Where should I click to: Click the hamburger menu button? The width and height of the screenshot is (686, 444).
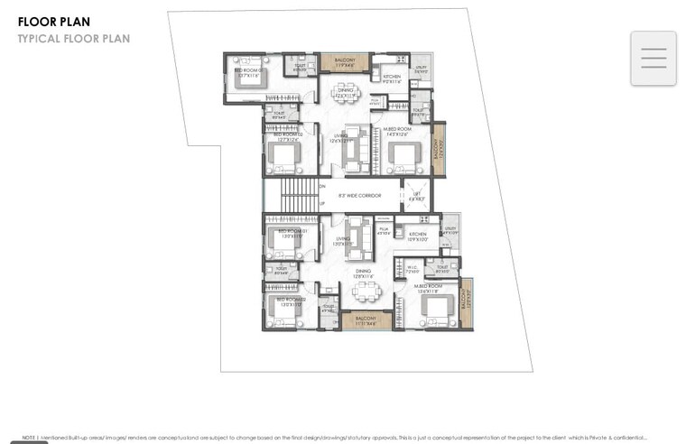click(x=653, y=58)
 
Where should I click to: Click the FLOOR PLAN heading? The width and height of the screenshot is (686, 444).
click(x=53, y=22)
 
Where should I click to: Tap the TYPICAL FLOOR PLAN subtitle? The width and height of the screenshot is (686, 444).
click(x=73, y=39)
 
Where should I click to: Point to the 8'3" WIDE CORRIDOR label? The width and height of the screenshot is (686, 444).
click(x=359, y=195)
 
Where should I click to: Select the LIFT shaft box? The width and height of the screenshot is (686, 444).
click(x=416, y=195)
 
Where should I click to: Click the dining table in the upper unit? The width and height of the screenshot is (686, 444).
click(x=345, y=97)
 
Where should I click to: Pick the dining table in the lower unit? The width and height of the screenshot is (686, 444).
click(x=366, y=291)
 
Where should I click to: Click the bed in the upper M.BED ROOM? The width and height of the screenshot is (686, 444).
click(x=403, y=154)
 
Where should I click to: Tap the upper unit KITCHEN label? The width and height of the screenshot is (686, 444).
click(x=392, y=78)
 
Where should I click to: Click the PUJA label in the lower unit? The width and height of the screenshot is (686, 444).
click(x=383, y=231)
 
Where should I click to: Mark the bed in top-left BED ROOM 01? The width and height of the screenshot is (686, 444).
click(x=249, y=76)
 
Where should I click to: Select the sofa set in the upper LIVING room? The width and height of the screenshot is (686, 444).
click(x=357, y=149)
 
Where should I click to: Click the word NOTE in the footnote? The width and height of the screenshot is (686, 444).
click(x=29, y=437)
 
